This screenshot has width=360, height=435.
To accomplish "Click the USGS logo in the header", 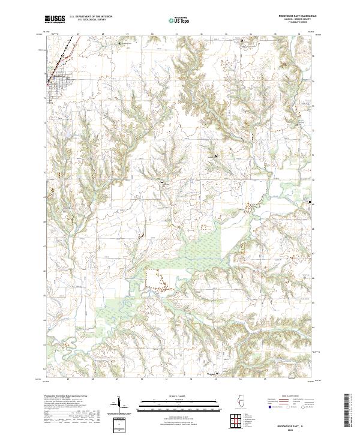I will (55, 19).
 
